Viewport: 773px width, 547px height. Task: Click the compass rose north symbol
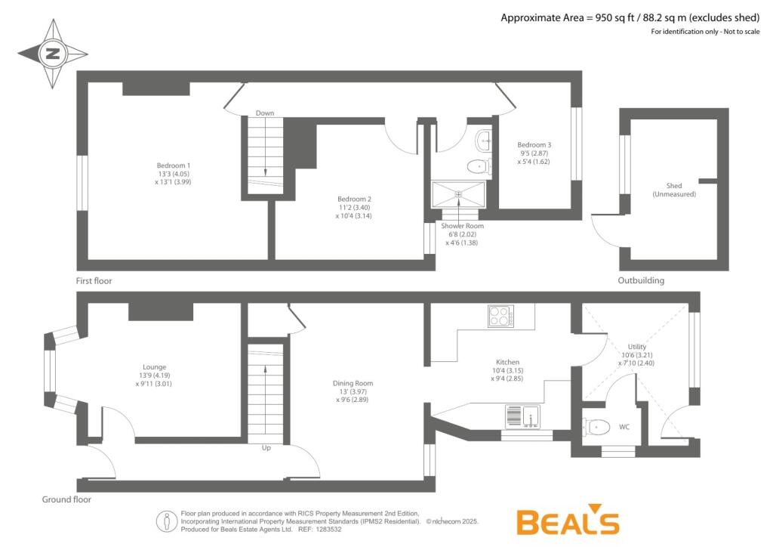coord(53,54)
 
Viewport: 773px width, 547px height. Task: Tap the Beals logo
coord(567,521)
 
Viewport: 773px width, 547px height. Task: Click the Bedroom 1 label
coord(174,173)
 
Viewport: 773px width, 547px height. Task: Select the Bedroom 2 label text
coord(354,207)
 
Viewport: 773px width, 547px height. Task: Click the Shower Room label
coord(463,233)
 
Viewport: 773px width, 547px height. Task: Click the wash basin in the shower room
coord(484,140)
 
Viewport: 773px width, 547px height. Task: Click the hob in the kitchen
coord(500,315)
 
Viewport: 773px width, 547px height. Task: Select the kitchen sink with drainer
coord(522,416)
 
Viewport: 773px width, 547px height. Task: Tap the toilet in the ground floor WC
coord(596,428)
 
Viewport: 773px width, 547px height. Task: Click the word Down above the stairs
coord(264,113)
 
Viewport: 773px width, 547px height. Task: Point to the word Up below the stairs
coord(266,448)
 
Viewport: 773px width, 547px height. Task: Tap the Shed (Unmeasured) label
coord(674,190)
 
